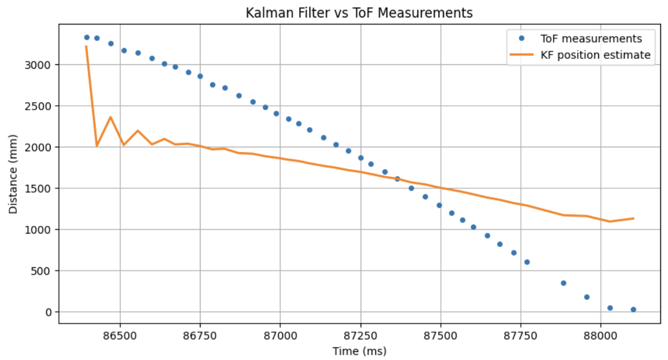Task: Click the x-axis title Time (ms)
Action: pyautogui.click(x=360, y=351)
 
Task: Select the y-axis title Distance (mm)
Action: pyautogui.click(x=13, y=175)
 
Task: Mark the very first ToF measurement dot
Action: pyautogui.click(x=87, y=37)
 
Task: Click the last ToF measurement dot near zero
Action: pyautogui.click(x=633, y=309)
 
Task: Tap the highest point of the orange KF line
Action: pyautogui.click(x=86, y=46)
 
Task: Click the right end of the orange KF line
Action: pyautogui.click(x=634, y=218)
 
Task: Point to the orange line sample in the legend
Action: pyautogui.click(x=521, y=55)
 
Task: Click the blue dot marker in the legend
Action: pyautogui.click(x=521, y=39)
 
